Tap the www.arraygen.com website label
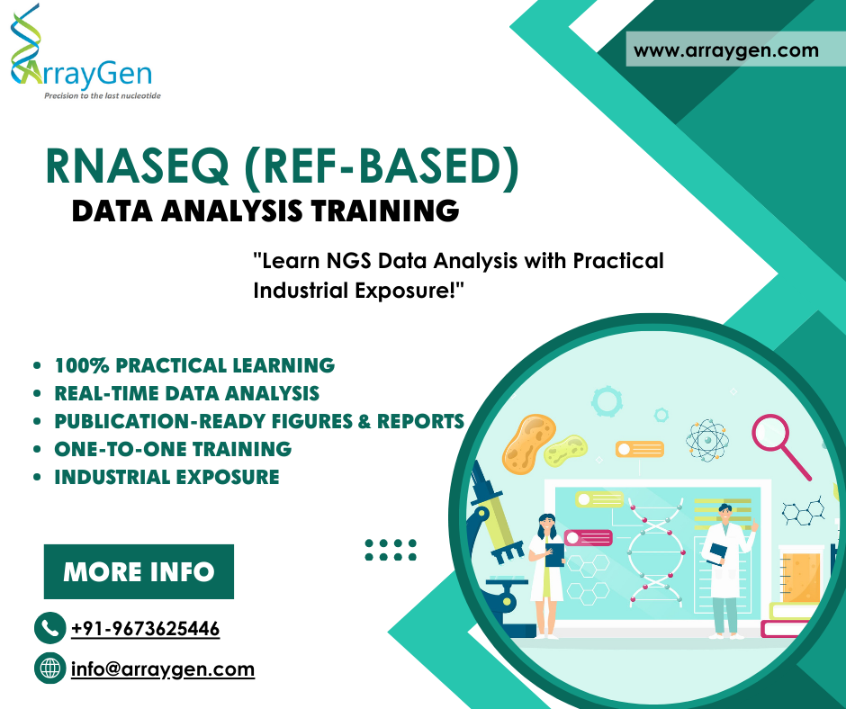click(726, 50)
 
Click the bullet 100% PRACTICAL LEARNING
click(194, 365)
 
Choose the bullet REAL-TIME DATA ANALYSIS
click(186, 393)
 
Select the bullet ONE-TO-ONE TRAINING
click(173, 448)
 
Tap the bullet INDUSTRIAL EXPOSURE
click(166, 477)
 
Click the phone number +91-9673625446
click(145, 628)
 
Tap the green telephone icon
click(49, 627)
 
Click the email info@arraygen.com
click(163, 669)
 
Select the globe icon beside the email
click(49, 669)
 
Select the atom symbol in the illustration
click(704, 439)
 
